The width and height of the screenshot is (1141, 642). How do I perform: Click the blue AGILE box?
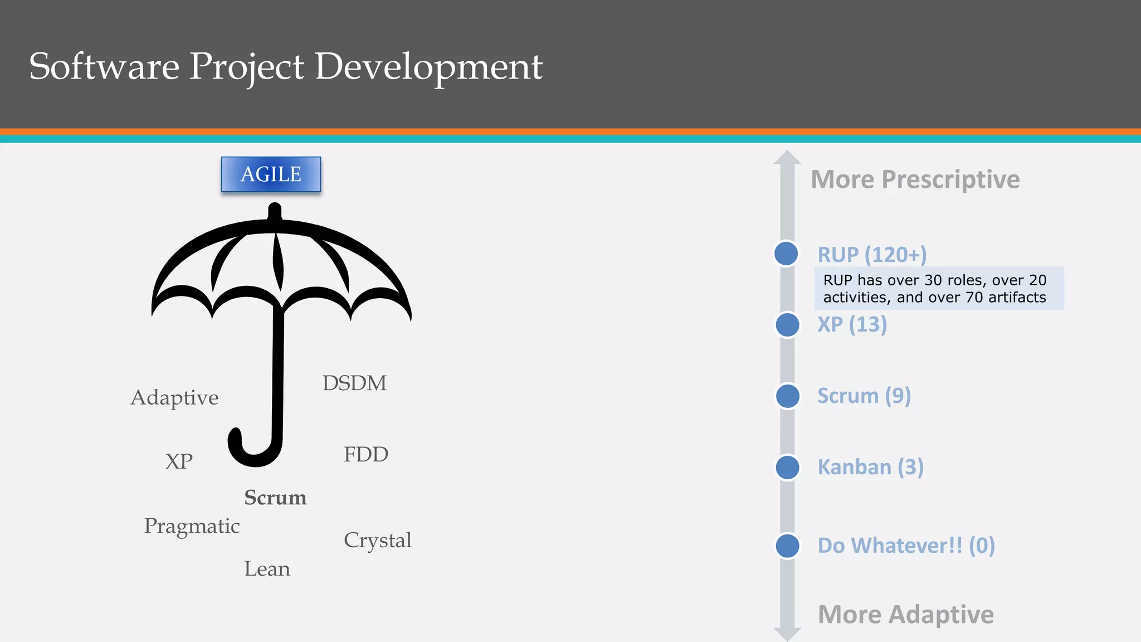[271, 174]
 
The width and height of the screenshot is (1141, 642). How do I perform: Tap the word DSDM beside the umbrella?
[354, 383]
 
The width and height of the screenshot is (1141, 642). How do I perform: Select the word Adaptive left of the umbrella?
[174, 398]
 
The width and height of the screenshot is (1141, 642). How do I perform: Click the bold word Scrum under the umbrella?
[275, 498]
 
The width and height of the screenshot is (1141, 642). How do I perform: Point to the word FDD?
[365, 455]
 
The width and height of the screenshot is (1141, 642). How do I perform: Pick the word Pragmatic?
[192, 526]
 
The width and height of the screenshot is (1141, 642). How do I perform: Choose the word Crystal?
[377, 540]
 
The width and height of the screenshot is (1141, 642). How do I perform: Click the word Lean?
[267, 569]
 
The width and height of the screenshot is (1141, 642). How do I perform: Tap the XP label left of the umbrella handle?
[179, 461]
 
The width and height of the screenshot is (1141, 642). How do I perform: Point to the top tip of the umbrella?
[275, 209]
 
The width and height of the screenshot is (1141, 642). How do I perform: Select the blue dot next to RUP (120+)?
[786, 254]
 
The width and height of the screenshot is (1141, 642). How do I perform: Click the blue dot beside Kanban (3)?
[787, 467]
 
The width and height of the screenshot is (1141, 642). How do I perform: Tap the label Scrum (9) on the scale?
[864, 396]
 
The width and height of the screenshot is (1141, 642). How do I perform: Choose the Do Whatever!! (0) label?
[906, 545]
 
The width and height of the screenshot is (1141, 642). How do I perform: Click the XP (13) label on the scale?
[852, 324]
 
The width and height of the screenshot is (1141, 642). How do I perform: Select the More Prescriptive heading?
[915, 179]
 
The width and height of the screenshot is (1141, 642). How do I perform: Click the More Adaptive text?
[905, 615]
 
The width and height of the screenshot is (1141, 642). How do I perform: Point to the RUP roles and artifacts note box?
[938, 288]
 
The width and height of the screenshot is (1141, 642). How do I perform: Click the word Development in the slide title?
[428, 67]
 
